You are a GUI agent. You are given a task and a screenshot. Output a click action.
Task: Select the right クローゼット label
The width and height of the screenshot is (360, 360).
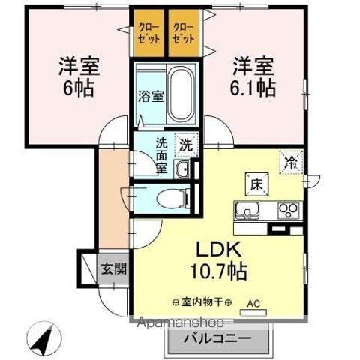click(184, 34)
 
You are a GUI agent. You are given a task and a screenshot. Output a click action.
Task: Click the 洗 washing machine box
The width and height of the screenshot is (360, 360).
click(185, 145)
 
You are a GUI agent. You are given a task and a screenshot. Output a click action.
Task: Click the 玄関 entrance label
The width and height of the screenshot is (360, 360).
click(115, 268)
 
